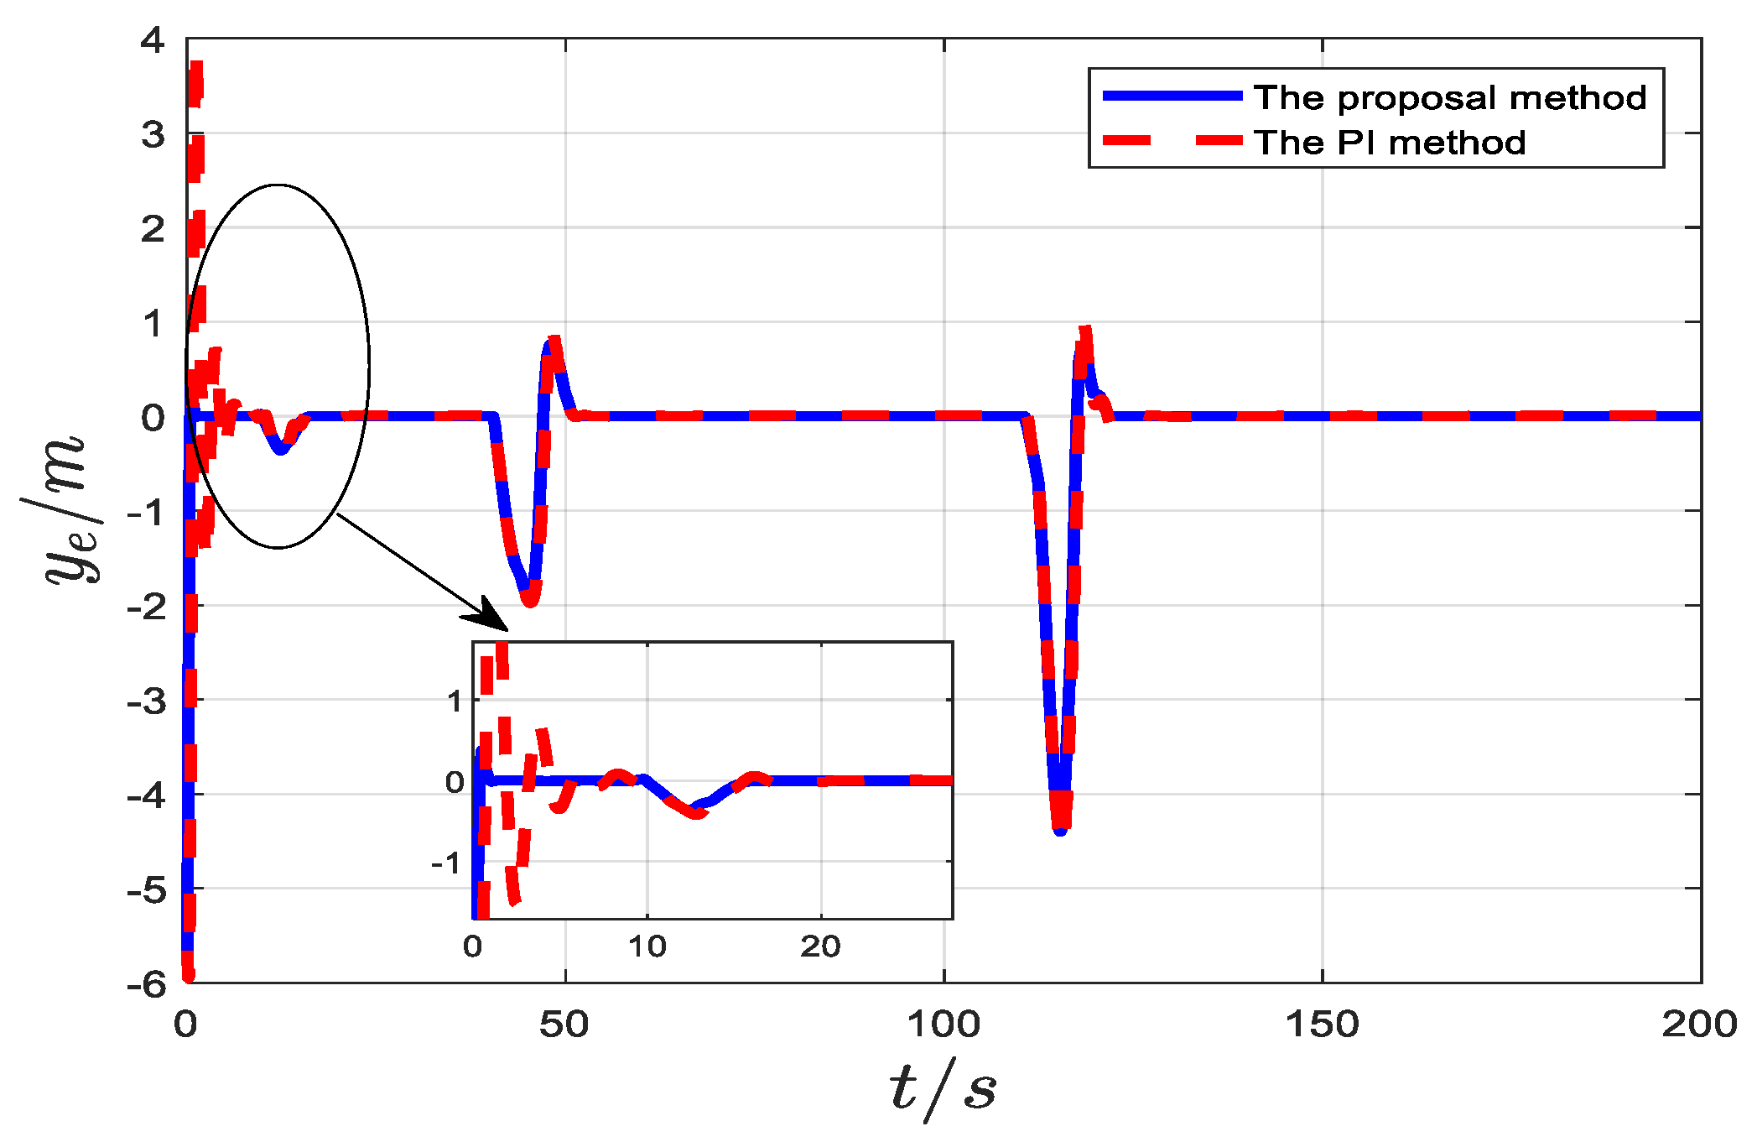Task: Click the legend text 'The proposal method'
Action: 1450,98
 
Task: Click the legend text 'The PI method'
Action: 1390,143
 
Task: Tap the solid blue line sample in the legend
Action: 1172,96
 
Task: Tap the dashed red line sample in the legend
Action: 1172,140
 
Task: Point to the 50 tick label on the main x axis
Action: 564,1025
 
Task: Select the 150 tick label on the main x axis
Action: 1322,1025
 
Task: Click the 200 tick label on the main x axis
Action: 1699,1025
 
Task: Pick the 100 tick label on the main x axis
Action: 943,1025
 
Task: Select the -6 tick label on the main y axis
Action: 147,984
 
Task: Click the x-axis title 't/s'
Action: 943,1088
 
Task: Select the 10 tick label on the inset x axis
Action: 647,947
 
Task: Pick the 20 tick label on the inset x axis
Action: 820,947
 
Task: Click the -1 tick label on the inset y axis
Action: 447,863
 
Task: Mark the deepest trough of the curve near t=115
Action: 1061,829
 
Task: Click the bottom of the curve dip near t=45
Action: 530,601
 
